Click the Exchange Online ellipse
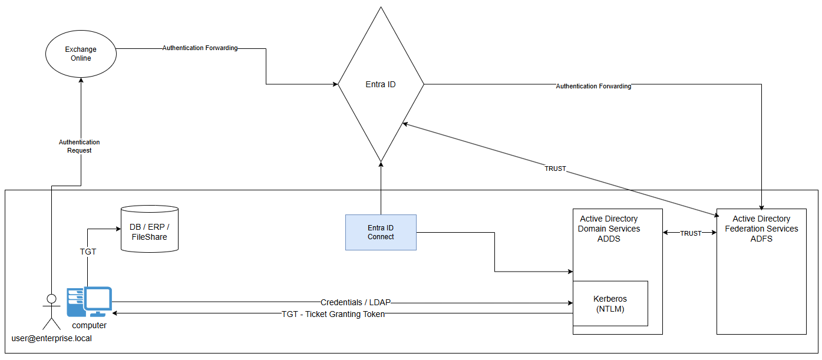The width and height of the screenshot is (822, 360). coord(81,54)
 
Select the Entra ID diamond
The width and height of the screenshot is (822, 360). coord(381,84)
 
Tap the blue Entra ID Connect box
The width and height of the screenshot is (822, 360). coord(381,232)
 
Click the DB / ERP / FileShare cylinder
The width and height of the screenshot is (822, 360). coord(149,229)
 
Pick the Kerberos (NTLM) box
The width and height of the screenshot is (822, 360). coord(610,303)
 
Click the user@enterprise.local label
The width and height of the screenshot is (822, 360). coord(52,338)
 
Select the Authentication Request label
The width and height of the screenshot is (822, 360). coord(80,146)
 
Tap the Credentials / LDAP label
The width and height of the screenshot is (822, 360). coord(355,302)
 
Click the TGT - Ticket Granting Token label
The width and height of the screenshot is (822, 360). coord(333,314)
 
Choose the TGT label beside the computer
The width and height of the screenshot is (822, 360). coord(88,252)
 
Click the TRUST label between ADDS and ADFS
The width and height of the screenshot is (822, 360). coord(691,233)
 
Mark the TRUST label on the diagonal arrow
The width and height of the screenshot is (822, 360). coord(555,169)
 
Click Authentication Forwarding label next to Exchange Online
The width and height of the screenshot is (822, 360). coord(200,48)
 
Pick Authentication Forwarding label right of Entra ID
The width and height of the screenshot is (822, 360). coord(593,86)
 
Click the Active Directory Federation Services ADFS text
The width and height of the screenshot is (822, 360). coord(761,229)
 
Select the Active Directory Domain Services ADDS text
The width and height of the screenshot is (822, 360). coord(609,229)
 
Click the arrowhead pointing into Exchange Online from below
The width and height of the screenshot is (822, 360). coord(81,80)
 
